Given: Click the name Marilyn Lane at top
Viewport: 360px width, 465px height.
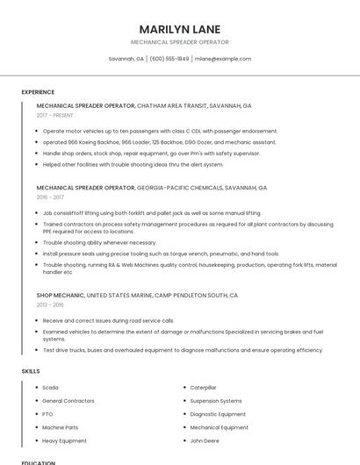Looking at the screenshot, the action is point(179,29).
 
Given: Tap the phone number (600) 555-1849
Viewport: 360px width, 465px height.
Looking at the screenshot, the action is point(169,59).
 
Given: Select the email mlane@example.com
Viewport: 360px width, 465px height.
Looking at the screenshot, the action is point(223,59).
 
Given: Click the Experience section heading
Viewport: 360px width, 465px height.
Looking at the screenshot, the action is point(38,92).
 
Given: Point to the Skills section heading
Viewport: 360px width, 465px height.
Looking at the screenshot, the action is point(31,371).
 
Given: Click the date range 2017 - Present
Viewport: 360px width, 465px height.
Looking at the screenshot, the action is point(55,115).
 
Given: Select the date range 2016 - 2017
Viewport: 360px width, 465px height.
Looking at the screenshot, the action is point(50,197).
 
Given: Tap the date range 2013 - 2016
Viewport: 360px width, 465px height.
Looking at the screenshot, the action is point(50,305).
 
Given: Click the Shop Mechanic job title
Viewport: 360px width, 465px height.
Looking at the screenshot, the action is point(61,296).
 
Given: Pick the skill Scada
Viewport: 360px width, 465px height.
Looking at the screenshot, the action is point(50,387).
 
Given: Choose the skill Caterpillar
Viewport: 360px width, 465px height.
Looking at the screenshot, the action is point(203,387).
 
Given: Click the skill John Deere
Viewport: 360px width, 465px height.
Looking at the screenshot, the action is point(205,440).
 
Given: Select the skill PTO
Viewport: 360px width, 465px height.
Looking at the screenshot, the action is point(47,414).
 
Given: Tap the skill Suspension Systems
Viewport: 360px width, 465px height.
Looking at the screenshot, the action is point(215,400).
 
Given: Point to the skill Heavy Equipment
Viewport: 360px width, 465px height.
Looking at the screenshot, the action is point(64,440).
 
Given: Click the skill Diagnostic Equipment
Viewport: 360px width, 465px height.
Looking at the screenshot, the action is point(218,414).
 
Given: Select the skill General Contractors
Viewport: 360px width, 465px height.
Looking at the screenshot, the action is point(68,400).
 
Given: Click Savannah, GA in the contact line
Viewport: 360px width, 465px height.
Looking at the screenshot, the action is point(126,59).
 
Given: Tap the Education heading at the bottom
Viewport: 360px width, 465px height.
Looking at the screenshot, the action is point(39,462).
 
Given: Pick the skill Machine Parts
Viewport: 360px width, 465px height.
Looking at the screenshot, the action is point(60,427).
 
